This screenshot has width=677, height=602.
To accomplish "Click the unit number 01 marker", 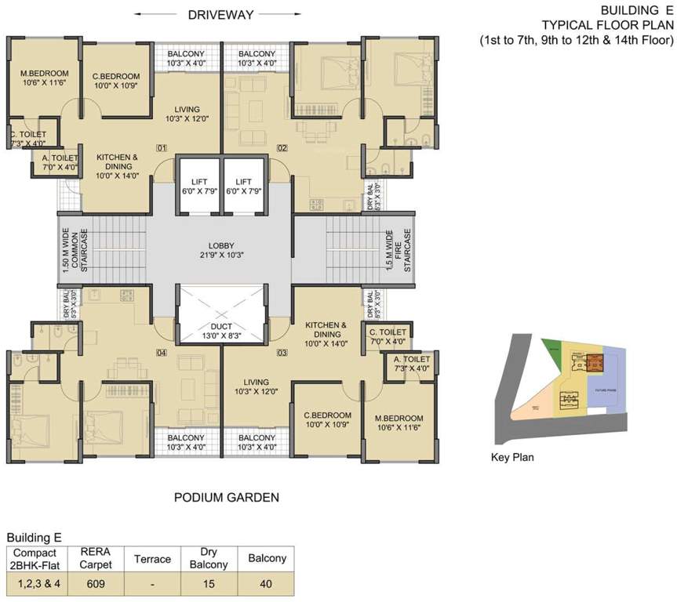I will pyautogui.click(x=162, y=147).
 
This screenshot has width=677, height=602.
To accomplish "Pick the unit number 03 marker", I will pyautogui.click(x=282, y=352).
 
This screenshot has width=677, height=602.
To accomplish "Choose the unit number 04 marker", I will pyautogui.click(x=162, y=352).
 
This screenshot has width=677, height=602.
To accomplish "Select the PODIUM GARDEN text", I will pyautogui.click(x=226, y=497).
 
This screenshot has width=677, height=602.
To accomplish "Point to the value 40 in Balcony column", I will pyautogui.click(x=267, y=584).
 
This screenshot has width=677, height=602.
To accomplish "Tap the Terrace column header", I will pyautogui.click(x=152, y=559).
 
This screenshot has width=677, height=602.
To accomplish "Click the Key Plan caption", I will pyautogui.click(x=512, y=457).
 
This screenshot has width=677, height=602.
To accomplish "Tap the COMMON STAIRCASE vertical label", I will pyautogui.click(x=70, y=251).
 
